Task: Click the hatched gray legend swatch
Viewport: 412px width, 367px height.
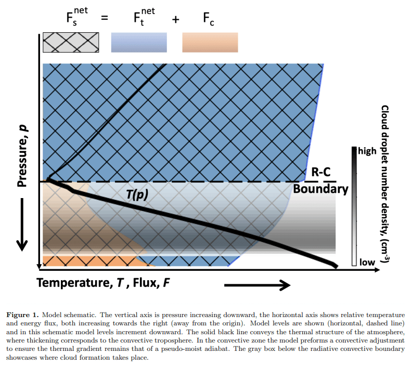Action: click(x=69, y=42)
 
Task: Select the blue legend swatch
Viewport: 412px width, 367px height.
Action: click(x=139, y=42)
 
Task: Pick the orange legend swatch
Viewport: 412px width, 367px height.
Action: click(x=210, y=42)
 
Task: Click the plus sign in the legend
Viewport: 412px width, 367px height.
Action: click(x=175, y=19)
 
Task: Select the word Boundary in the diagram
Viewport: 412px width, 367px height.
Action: click(x=320, y=188)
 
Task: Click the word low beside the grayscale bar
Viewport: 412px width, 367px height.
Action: click(x=367, y=262)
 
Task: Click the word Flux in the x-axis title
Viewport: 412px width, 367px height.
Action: click(x=145, y=284)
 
